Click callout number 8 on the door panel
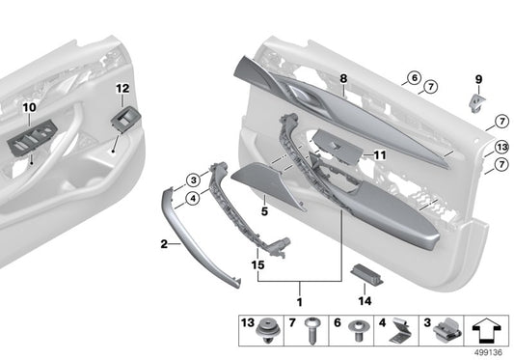[342, 76]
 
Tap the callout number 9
[478, 78]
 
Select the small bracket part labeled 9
[477, 103]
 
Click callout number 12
[122, 89]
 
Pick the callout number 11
[380, 154]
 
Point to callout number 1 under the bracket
[301, 289]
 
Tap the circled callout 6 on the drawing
[413, 77]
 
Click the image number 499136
[491, 353]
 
